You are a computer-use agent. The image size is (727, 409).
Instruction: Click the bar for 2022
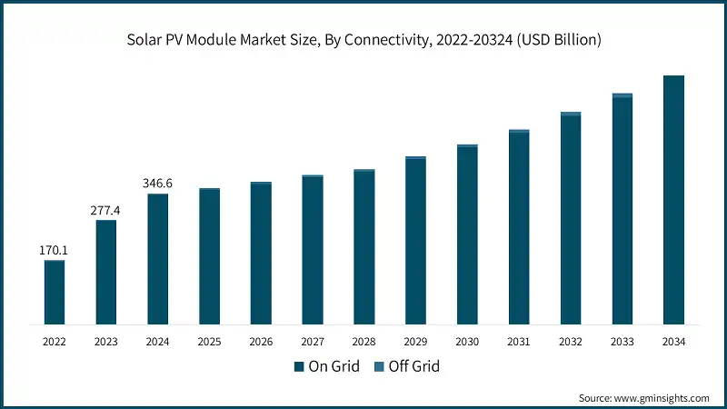coord(55,293)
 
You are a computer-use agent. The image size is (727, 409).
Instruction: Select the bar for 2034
coord(673,200)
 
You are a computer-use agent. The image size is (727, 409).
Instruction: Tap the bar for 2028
coord(364,247)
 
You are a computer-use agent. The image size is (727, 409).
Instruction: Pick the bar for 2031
coord(519,227)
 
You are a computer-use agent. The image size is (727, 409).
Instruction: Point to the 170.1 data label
coord(55,248)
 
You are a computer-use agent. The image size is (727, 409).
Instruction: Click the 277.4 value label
coord(105,209)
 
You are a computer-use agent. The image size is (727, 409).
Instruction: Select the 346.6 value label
coord(157,183)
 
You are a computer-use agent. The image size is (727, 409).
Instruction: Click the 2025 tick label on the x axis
coord(209,342)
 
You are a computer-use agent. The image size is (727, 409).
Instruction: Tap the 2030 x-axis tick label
coord(467,342)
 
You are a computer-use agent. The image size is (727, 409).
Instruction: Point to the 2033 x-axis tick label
coord(622,342)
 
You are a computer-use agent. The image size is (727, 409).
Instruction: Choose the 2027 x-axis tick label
coord(313,342)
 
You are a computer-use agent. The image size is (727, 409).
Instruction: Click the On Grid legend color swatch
coord(298,367)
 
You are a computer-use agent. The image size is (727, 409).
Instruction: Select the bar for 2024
coord(157,259)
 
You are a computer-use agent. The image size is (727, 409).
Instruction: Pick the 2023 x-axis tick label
coord(105,342)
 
